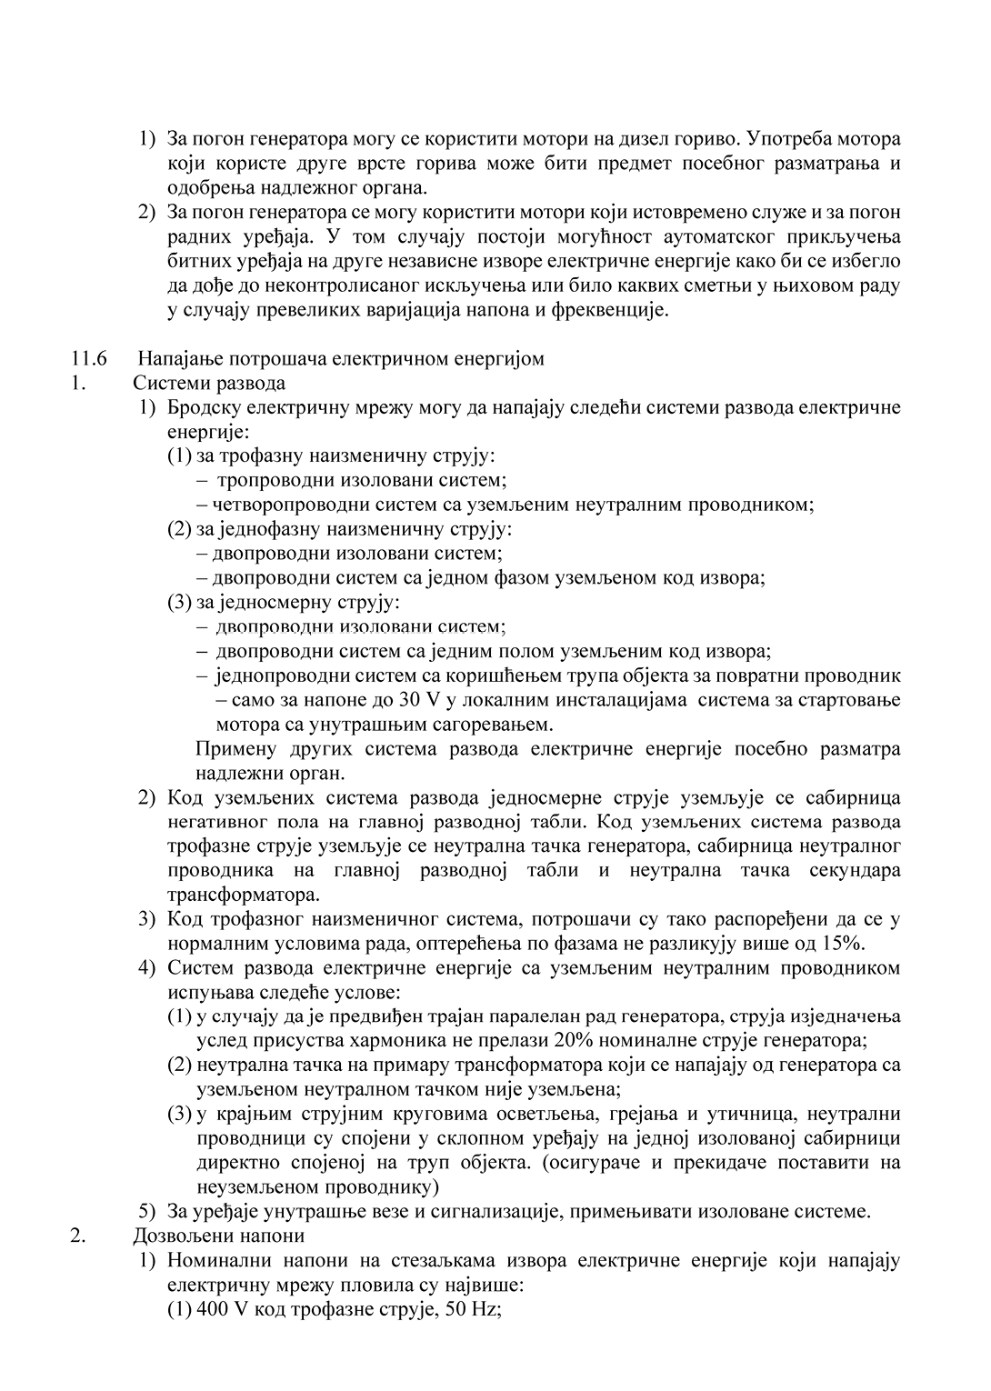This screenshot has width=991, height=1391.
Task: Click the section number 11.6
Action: coord(89,358)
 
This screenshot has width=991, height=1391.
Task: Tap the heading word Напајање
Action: coord(173,358)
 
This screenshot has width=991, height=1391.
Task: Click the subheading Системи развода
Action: coord(209,383)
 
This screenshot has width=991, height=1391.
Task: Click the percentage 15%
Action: coord(845,943)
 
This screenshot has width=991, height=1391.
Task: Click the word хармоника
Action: coord(404,1040)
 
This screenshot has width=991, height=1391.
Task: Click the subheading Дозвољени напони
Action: coord(219,1236)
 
